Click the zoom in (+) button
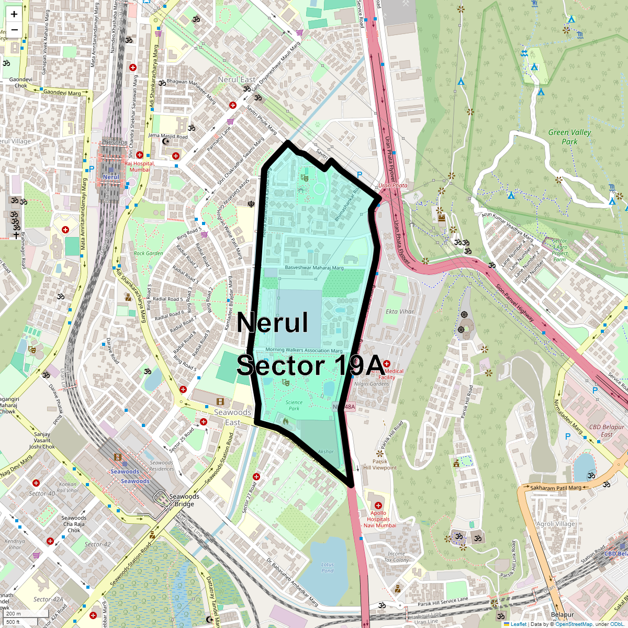(14, 15)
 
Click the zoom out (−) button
(14, 30)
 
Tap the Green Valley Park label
(569, 137)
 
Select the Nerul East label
(237, 80)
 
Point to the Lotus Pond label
(328, 567)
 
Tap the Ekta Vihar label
(400, 311)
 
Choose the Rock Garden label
(149, 253)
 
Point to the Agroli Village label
(556, 524)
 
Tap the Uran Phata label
(392, 185)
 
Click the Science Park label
(294, 406)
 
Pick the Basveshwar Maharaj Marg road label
(314, 268)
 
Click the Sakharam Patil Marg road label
(556, 488)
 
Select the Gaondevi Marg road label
(62, 93)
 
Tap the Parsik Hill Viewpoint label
(380, 465)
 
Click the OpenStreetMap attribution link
(574, 624)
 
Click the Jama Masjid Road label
(167, 136)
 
